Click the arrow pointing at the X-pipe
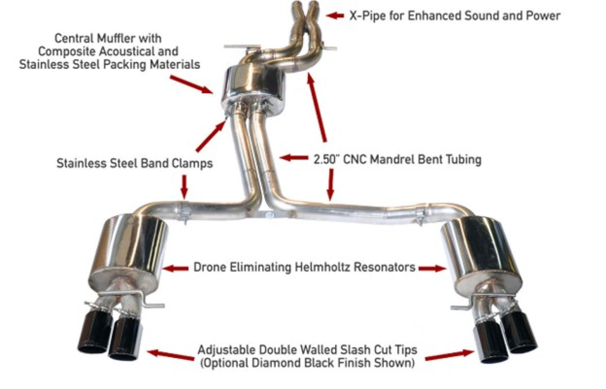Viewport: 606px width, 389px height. (335, 16)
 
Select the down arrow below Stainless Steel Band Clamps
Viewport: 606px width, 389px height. (184, 187)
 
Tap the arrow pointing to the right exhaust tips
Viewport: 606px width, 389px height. (449, 355)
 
